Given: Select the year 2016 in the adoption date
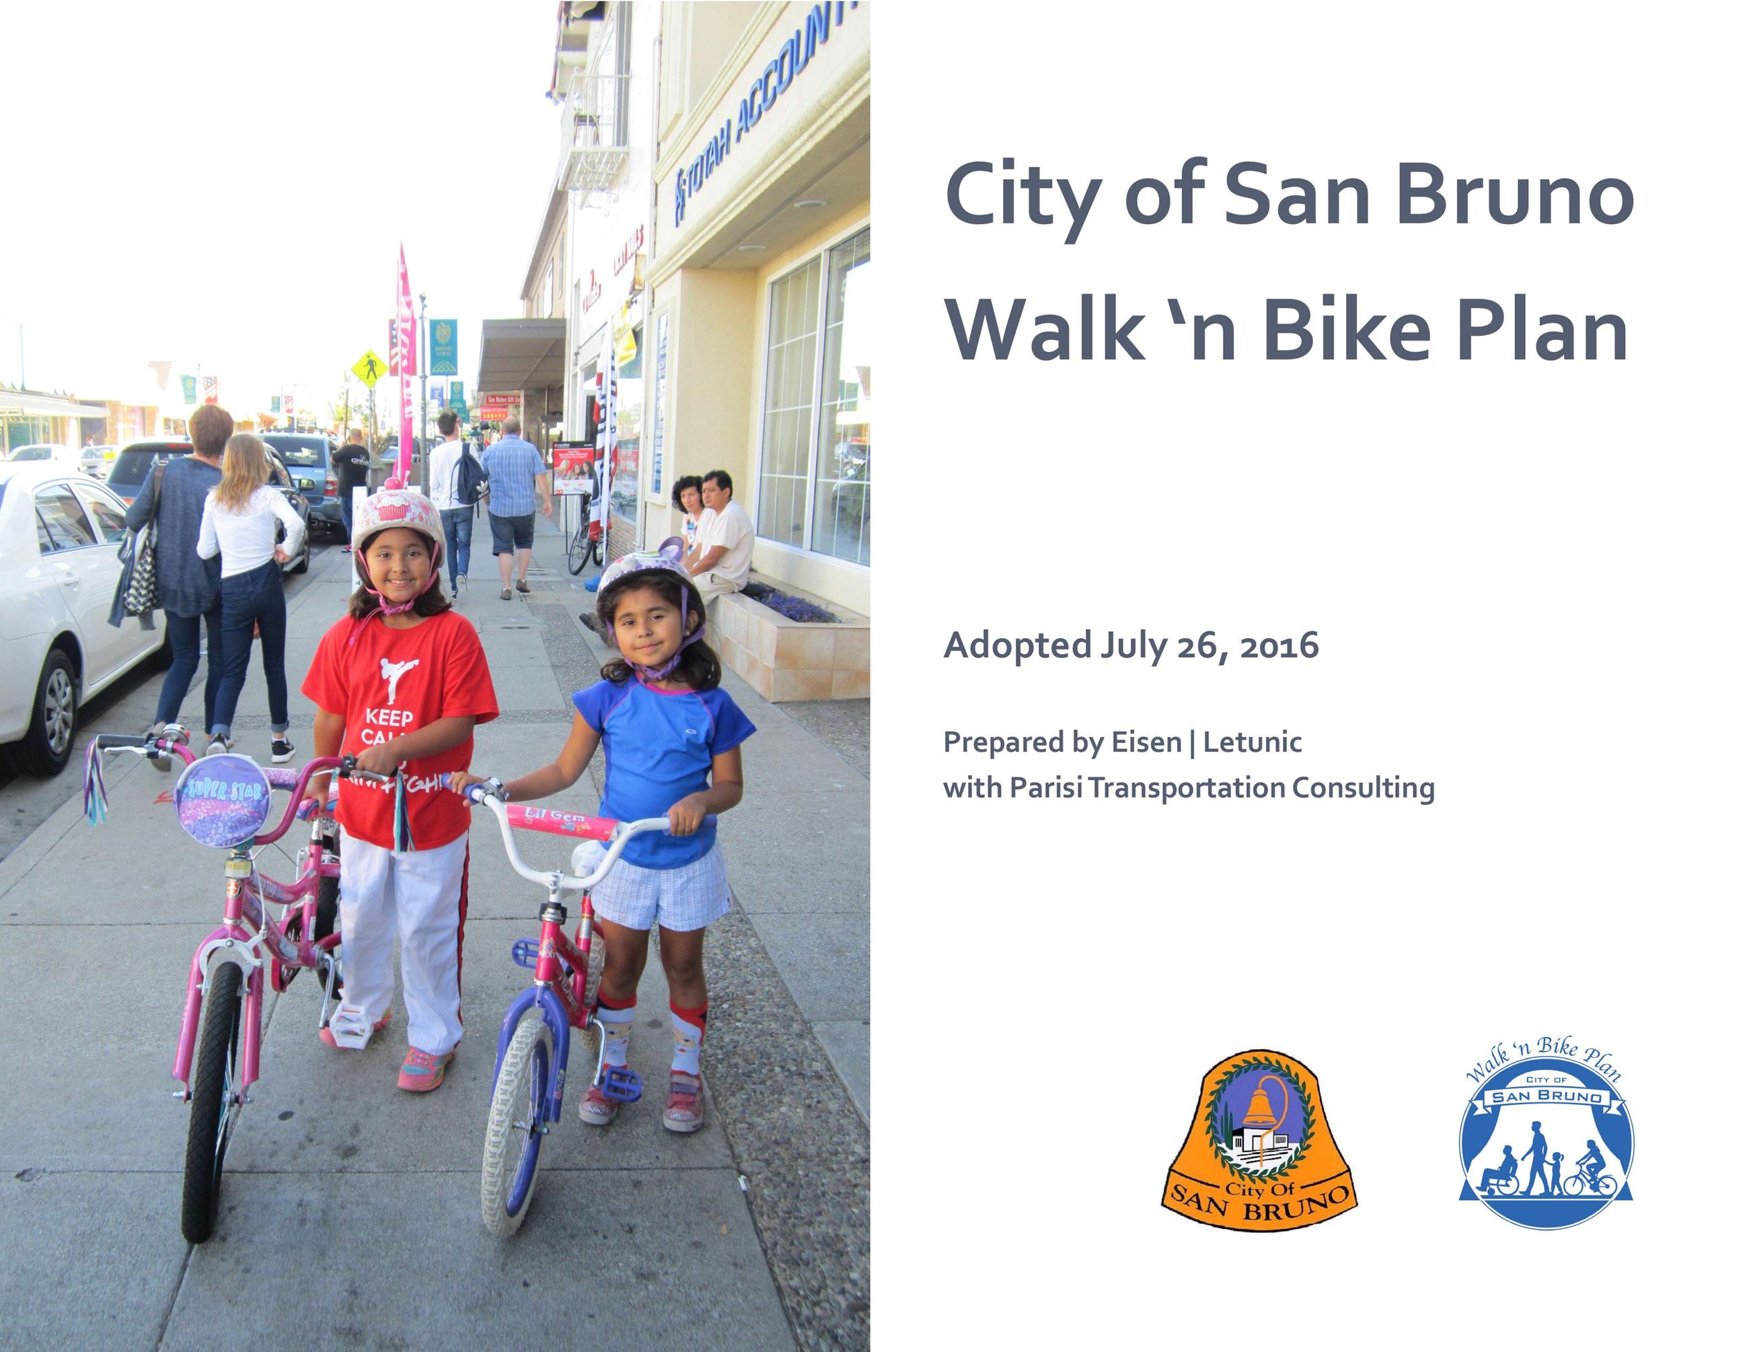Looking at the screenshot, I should click(x=1278, y=645).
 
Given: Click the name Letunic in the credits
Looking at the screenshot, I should click(x=1253, y=742).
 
